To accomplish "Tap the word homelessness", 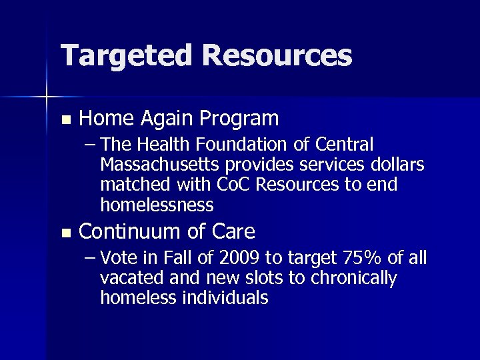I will pos(157,203).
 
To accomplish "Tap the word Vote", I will pos(121,258).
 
